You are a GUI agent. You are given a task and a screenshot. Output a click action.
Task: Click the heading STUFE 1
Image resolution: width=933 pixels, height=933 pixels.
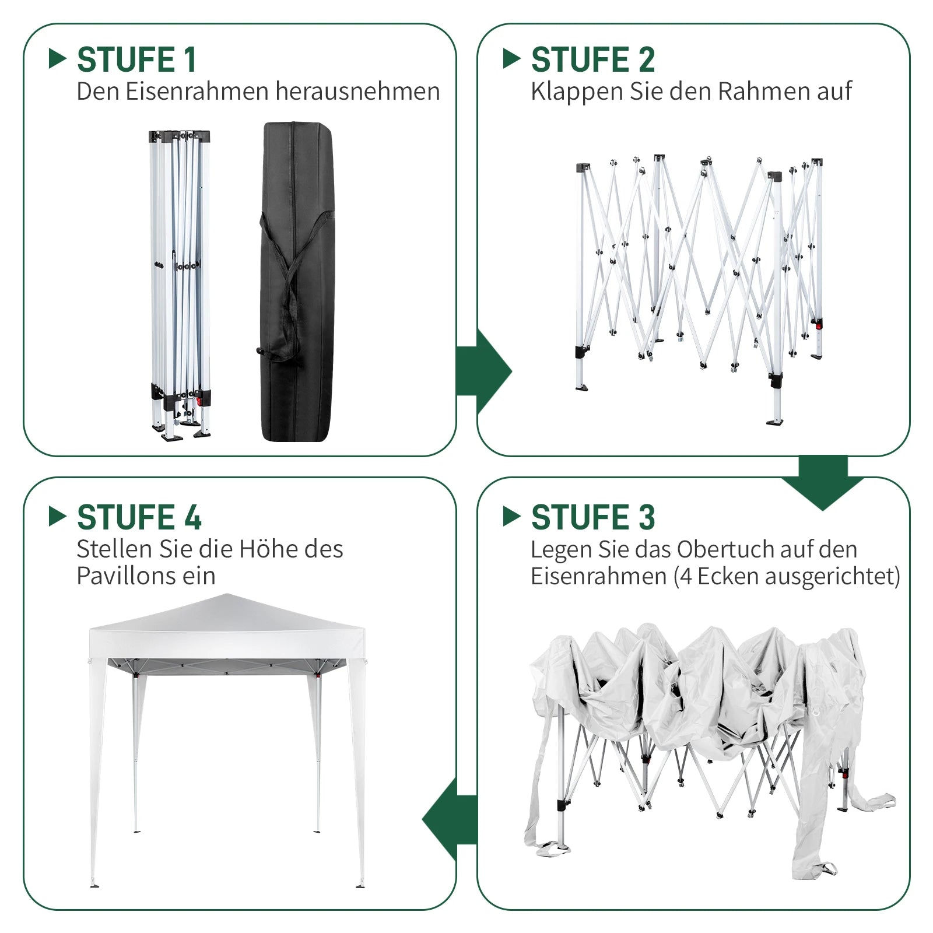[x=136, y=59]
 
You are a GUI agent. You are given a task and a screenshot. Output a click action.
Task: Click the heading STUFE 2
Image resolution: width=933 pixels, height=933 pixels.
[x=593, y=59]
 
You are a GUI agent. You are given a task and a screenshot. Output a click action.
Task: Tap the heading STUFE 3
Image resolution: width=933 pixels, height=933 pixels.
[x=593, y=517]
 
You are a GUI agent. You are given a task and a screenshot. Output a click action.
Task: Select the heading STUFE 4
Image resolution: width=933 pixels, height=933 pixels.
[x=139, y=517]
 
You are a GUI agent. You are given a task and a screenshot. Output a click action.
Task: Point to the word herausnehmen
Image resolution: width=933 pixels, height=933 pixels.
[x=357, y=92]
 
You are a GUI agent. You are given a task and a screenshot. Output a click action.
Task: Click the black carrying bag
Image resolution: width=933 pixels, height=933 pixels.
[x=297, y=282]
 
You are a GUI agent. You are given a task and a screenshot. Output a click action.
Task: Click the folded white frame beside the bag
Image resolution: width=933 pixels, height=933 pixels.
[x=180, y=285]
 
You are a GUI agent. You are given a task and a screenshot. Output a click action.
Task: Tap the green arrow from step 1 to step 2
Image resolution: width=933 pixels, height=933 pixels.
[x=483, y=371]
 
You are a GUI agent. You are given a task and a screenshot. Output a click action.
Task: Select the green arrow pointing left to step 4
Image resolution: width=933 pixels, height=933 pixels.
[x=450, y=820]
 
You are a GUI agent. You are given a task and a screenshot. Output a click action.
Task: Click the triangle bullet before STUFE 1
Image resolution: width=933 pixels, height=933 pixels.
[x=58, y=58]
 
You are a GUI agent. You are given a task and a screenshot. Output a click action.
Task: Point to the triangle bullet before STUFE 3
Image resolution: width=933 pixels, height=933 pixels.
[x=511, y=516]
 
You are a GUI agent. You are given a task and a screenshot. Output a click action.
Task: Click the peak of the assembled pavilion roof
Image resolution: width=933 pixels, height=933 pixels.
[x=226, y=595]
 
